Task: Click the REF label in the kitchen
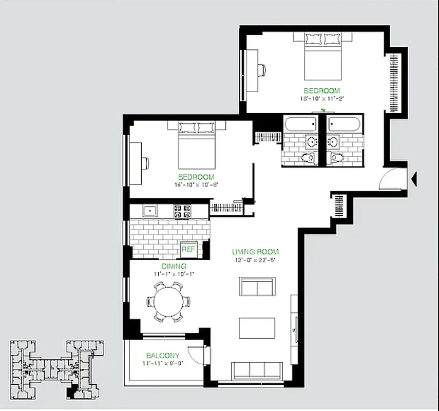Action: click(x=188, y=250)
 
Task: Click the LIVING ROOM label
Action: click(x=255, y=252)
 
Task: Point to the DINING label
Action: click(x=174, y=266)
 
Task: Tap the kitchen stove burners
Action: click(x=183, y=211)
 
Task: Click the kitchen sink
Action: click(x=150, y=211)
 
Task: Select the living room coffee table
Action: click(x=257, y=328)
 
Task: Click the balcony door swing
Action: click(x=198, y=353)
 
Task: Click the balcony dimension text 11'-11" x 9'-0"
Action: click(x=163, y=363)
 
